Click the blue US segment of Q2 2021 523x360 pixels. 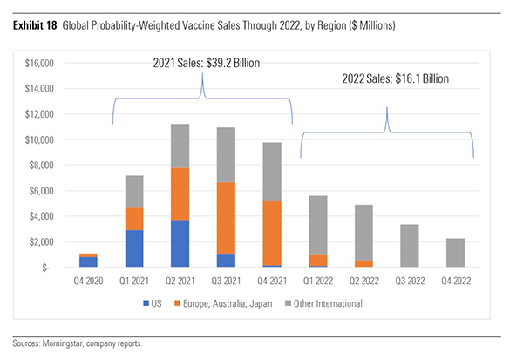pos(180,244)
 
